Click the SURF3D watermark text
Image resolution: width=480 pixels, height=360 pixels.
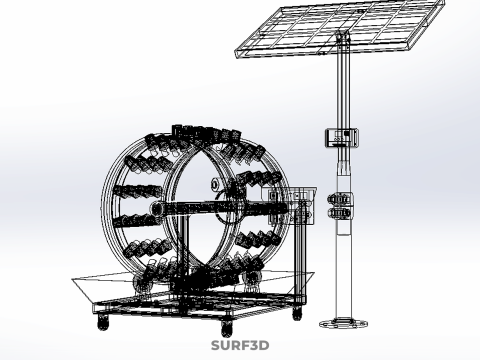click(x=240, y=345)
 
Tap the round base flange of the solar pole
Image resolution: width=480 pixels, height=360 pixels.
click(x=344, y=323)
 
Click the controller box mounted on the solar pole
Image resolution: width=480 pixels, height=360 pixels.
click(x=342, y=138)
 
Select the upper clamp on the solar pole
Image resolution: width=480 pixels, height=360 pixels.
click(x=340, y=199)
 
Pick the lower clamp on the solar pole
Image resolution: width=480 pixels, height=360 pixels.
click(x=340, y=213)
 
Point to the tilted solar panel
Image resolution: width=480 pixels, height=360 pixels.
click(x=340, y=28)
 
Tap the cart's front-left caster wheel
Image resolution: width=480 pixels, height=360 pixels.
click(x=103, y=322)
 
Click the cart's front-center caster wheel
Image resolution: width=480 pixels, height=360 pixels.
click(x=227, y=328)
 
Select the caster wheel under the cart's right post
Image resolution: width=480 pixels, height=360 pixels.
click(x=297, y=313)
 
